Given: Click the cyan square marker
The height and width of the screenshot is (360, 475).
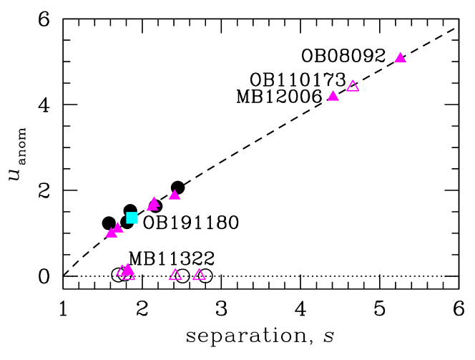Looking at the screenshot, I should (x=132, y=218).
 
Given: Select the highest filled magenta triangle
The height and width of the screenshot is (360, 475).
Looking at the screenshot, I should (x=401, y=58).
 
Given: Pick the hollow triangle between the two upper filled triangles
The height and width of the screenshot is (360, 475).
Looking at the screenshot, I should (x=353, y=87).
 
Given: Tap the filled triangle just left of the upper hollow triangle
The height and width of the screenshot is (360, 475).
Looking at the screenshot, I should (x=333, y=96).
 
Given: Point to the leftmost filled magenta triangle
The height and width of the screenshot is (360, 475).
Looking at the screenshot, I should (x=112, y=233).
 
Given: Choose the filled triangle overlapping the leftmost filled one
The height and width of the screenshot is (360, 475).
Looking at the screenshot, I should (x=118, y=228).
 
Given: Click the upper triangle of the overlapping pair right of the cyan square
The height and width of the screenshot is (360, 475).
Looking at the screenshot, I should (x=154, y=202).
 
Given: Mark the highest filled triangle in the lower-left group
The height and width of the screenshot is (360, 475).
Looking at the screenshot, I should (x=175, y=195).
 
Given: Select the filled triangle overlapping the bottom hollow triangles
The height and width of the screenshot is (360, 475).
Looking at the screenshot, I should (x=128, y=270).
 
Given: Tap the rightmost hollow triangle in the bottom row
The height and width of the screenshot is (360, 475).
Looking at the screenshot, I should (x=200, y=275).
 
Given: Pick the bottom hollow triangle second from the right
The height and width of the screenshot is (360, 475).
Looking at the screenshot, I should (x=176, y=275).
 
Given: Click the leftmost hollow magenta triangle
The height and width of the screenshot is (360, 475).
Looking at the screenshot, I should (x=122, y=271).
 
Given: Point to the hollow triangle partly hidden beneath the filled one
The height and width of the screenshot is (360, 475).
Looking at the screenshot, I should (x=129, y=276).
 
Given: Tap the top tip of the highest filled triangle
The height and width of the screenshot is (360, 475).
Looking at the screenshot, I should (x=401, y=52).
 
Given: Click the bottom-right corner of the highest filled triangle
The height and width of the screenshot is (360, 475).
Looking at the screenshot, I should (x=407, y=63).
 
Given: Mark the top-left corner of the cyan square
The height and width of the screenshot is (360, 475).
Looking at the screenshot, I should (x=127, y=212).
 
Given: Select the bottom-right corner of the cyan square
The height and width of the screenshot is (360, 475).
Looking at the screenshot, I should (x=138, y=223).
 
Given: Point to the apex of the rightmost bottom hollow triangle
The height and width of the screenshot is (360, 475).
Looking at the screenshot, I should (x=200, y=269).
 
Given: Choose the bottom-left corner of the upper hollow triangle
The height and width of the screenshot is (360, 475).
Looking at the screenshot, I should (x=346, y=92).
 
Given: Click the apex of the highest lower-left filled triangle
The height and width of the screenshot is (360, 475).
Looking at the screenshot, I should (x=175, y=189).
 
